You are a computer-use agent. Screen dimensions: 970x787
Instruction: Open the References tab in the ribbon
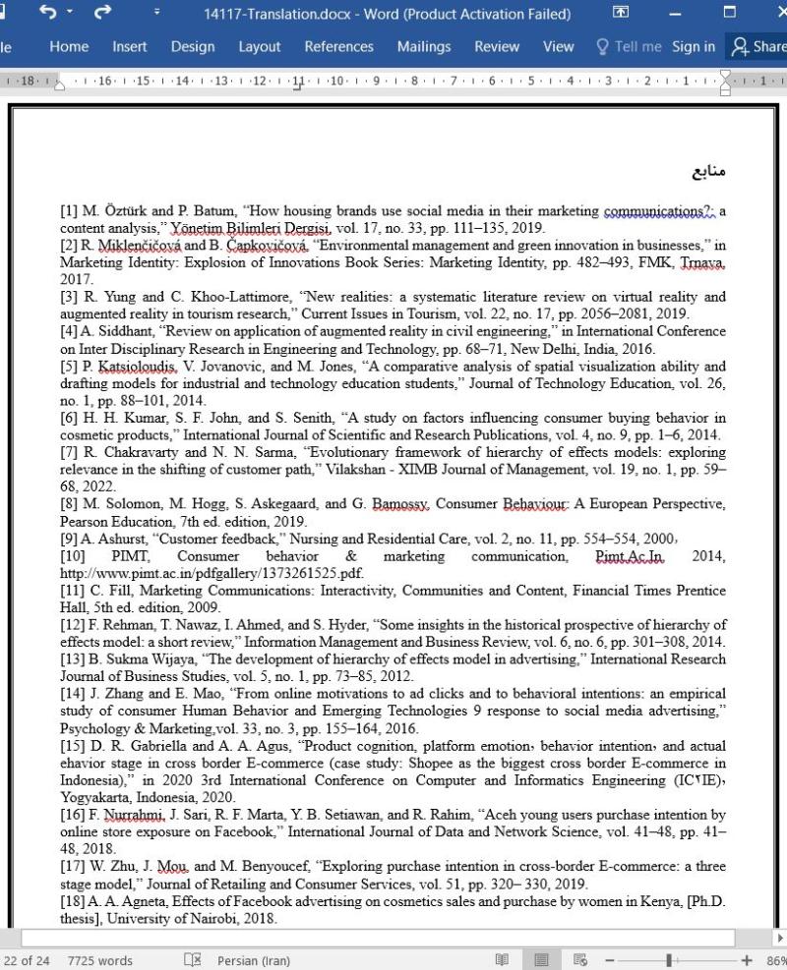338,46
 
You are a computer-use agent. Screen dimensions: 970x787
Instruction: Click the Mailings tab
424,46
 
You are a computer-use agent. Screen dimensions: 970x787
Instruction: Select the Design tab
193,46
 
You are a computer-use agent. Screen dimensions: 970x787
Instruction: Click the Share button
758,46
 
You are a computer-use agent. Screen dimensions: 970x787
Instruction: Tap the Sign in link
694,46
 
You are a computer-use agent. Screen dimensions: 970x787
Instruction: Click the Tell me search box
629,46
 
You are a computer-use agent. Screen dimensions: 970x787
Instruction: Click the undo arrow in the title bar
48,14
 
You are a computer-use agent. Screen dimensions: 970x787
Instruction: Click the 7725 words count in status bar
100,960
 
